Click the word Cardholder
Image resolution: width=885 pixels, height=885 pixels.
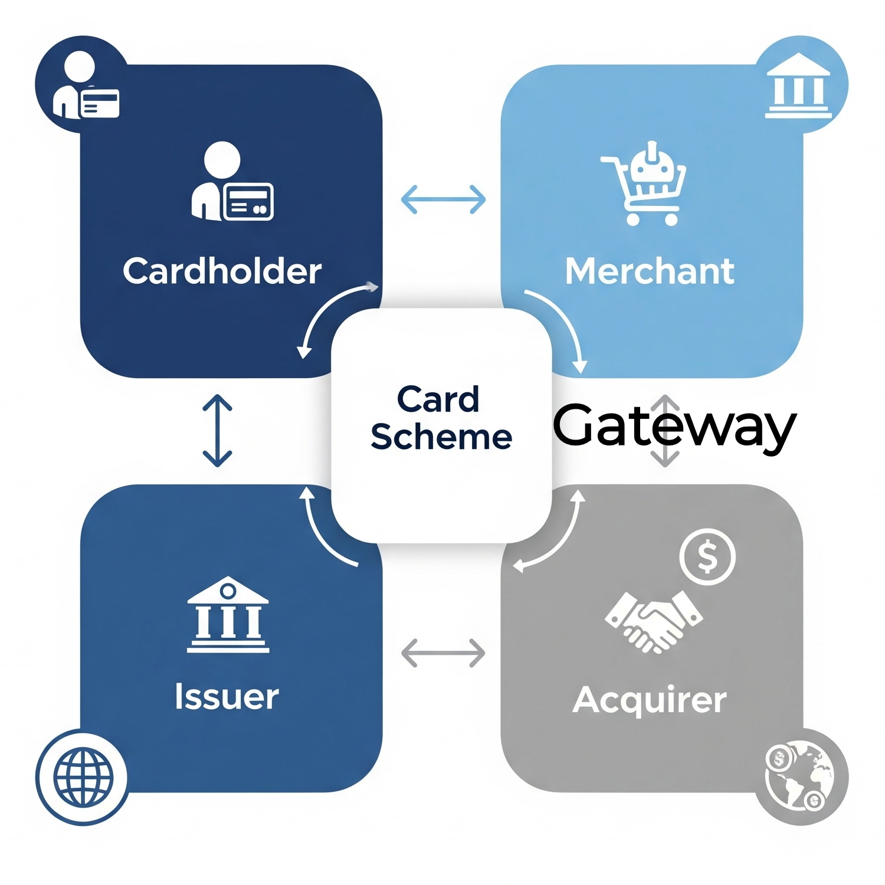point(222,271)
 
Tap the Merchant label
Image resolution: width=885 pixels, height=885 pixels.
point(650,271)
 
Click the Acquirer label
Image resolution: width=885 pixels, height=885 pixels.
point(650,700)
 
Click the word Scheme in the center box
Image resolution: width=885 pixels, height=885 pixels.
point(441,437)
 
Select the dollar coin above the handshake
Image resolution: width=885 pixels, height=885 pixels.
point(707,556)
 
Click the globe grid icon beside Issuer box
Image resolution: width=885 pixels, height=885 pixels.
point(83,776)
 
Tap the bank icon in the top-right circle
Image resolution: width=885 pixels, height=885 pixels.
point(798,86)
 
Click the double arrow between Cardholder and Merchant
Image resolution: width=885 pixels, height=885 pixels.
point(443,199)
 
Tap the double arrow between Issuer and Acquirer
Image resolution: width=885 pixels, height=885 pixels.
point(443,653)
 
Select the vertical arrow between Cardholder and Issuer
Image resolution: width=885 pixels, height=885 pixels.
point(217,431)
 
